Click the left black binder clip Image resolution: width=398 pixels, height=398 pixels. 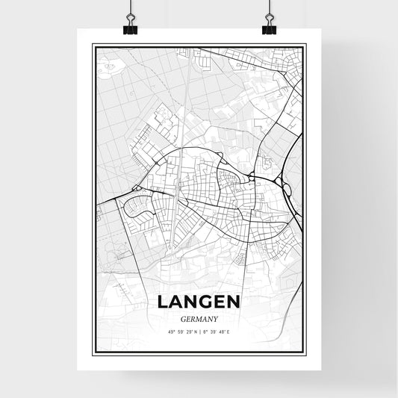tap(131, 28)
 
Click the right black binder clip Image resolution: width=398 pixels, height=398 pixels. tap(269, 28)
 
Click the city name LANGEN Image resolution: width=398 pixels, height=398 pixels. tap(199, 302)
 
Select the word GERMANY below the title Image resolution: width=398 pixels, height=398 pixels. tap(199, 317)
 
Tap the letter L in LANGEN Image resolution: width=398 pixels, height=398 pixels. tap(163, 302)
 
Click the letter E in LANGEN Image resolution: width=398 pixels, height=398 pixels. tap(218, 302)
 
